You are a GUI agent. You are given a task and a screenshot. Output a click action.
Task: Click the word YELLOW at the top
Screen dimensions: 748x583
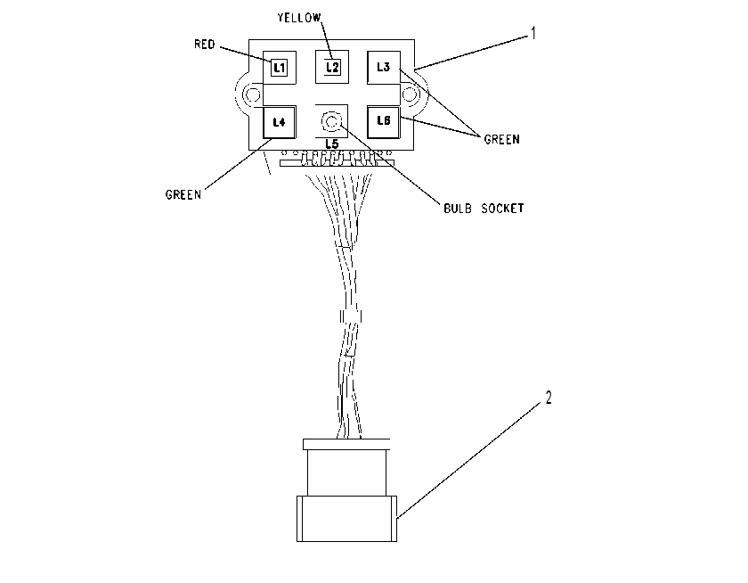coord(299,18)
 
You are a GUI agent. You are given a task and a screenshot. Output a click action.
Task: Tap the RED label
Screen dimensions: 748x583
coord(205,45)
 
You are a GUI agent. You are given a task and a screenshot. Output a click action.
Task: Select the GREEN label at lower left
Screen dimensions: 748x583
coord(183,195)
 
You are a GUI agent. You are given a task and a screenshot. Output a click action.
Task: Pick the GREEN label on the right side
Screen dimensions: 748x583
coord(502,139)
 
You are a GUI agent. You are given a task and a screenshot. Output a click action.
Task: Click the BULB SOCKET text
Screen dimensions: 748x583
coord(484,209)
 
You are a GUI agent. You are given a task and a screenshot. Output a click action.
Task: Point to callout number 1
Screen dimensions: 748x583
coord(533,33)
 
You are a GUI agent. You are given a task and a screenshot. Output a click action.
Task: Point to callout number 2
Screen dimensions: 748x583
coord(549,398)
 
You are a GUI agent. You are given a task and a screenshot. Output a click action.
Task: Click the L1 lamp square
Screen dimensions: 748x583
coord(280,68)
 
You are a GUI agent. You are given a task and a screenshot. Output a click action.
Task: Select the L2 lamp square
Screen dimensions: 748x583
coord(332,67)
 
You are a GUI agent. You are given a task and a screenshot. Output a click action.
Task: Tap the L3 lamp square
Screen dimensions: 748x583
coord(384,68)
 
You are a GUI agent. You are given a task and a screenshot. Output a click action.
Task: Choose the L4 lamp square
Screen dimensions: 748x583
coord(280,122)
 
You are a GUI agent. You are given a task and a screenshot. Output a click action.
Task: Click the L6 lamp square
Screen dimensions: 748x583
coord(384,122)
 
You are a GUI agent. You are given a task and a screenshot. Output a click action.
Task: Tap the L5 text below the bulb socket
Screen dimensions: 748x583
coord(332,144)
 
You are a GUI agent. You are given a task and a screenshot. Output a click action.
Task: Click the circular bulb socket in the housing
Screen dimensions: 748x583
coord(331,121)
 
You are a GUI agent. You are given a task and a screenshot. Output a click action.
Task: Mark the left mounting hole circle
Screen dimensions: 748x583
coord(252,94)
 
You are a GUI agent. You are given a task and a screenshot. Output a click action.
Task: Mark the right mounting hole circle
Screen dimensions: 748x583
coord(410,94)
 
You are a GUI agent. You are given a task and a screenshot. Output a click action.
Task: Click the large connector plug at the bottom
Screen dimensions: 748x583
coord(346,519)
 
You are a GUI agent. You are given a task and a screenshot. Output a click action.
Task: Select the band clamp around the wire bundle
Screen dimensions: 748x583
coord(351,316)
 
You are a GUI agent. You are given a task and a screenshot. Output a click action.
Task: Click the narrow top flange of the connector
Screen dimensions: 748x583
coord(346,445)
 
